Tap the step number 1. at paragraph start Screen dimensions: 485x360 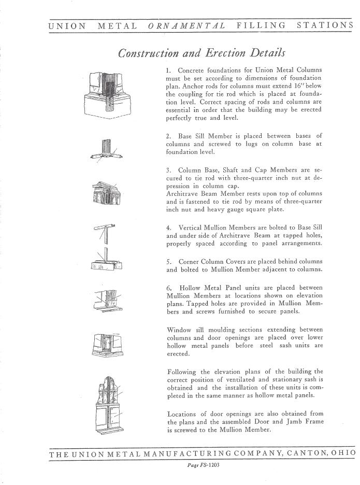(169, 70)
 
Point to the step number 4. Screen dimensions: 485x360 (169, 227)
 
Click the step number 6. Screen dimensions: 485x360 (169, 288)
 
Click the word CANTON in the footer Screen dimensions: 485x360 (304, 453)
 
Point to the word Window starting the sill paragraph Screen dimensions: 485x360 (180, 330)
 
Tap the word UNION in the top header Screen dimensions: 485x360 (67, 24)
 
